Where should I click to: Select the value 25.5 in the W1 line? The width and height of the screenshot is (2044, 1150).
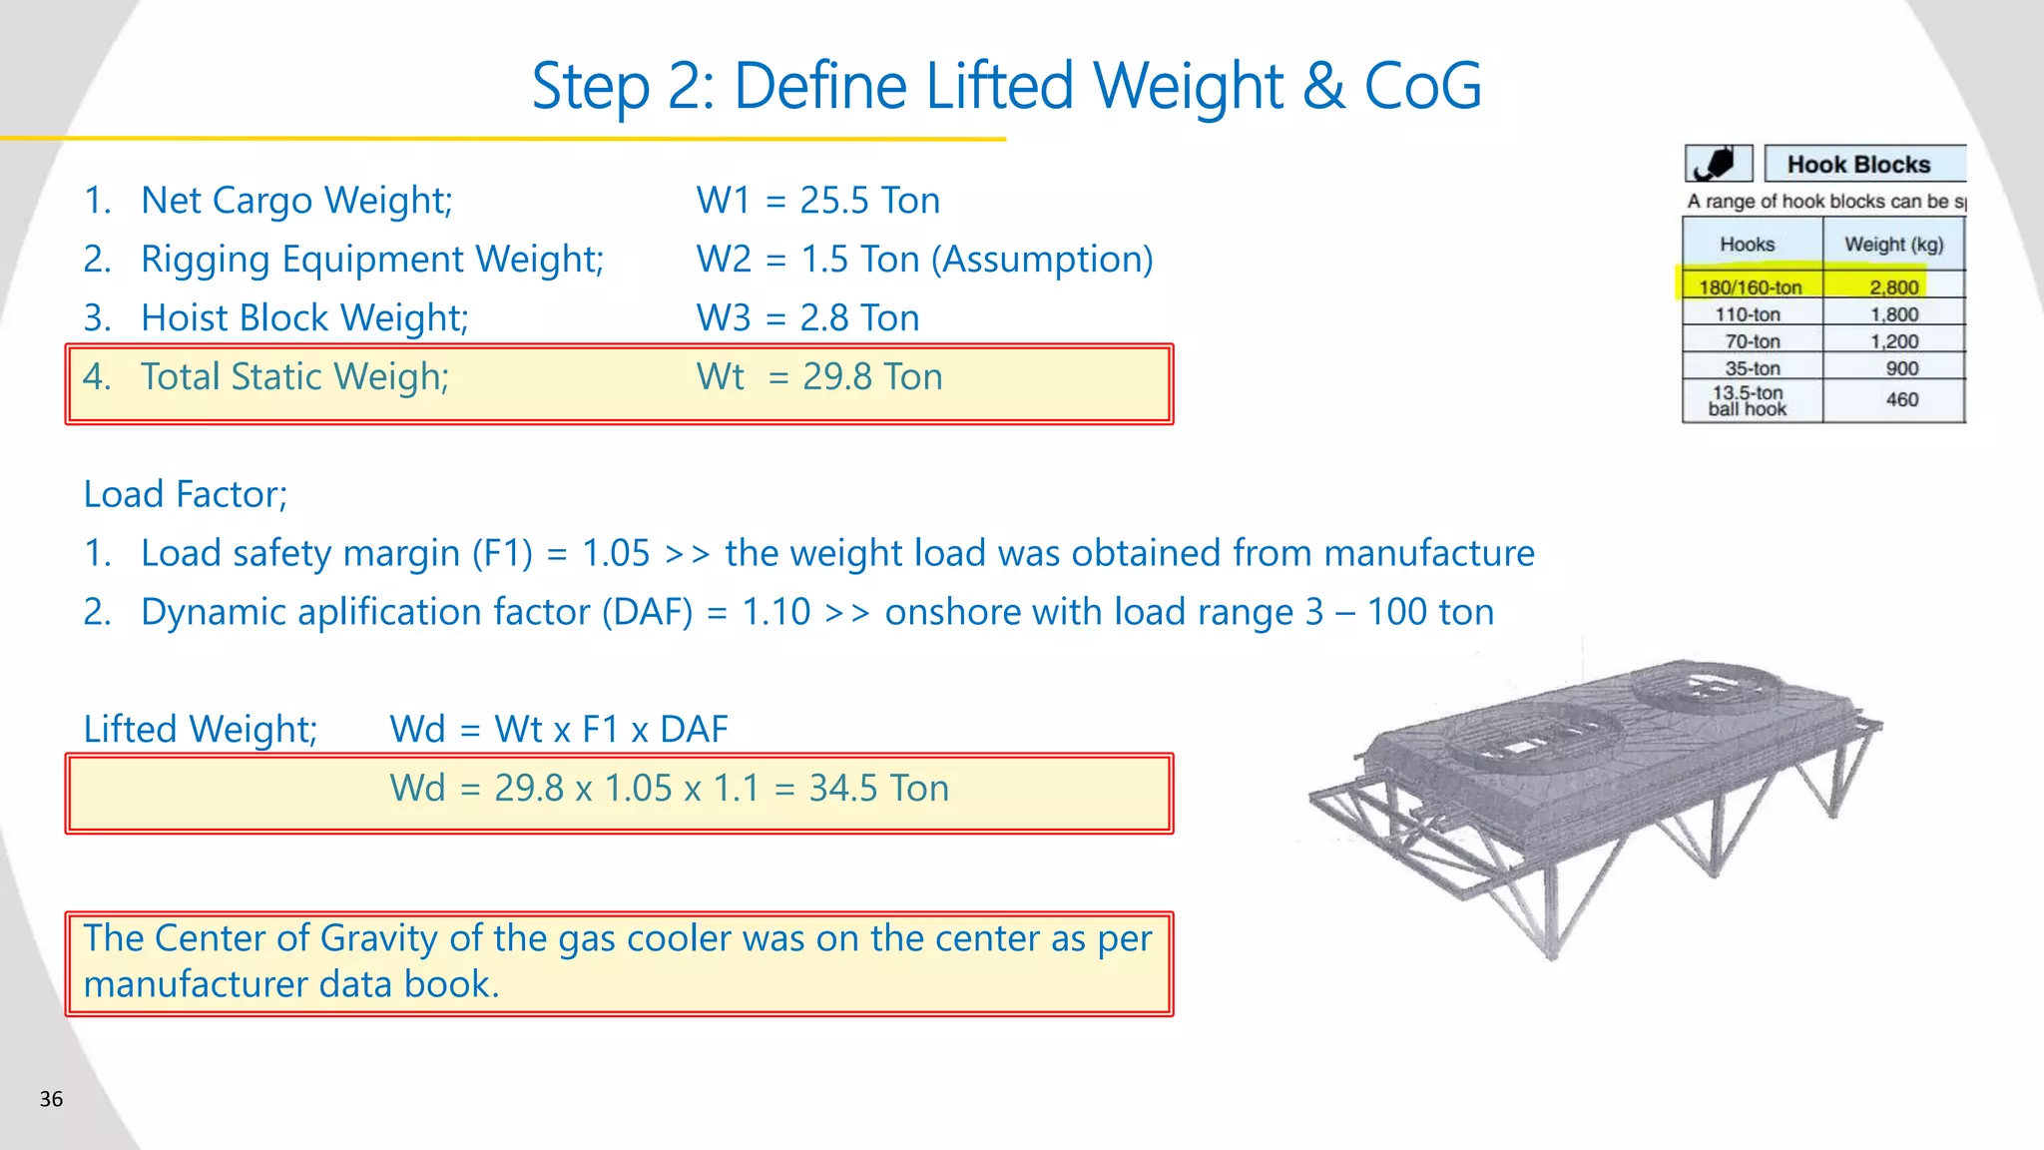[834, 201]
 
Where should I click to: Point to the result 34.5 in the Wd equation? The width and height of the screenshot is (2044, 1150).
[843, 789]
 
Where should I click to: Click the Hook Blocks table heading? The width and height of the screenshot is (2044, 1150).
[1858, 165]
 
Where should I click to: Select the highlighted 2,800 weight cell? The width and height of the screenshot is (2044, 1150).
[1893, 287]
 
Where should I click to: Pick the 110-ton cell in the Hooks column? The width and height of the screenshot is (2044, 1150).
[1748, 314]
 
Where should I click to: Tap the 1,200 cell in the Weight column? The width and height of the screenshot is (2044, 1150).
[1893, 341]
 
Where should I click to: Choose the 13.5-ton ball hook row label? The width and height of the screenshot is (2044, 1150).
[1748, 400]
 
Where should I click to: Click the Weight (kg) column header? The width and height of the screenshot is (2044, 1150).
[1893, 245]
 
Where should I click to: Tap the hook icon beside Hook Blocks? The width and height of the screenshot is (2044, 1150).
[1718, 163]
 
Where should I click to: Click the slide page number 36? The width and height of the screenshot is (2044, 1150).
[51, 1099]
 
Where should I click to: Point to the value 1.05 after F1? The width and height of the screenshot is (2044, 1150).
[616, 554]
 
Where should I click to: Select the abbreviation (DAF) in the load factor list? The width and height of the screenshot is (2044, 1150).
[647, 613]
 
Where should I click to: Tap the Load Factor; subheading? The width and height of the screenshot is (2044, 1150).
[186, 495]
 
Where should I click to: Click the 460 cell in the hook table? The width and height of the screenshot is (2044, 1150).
[1901, 399]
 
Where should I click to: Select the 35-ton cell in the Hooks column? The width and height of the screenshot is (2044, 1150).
[1752, 368]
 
